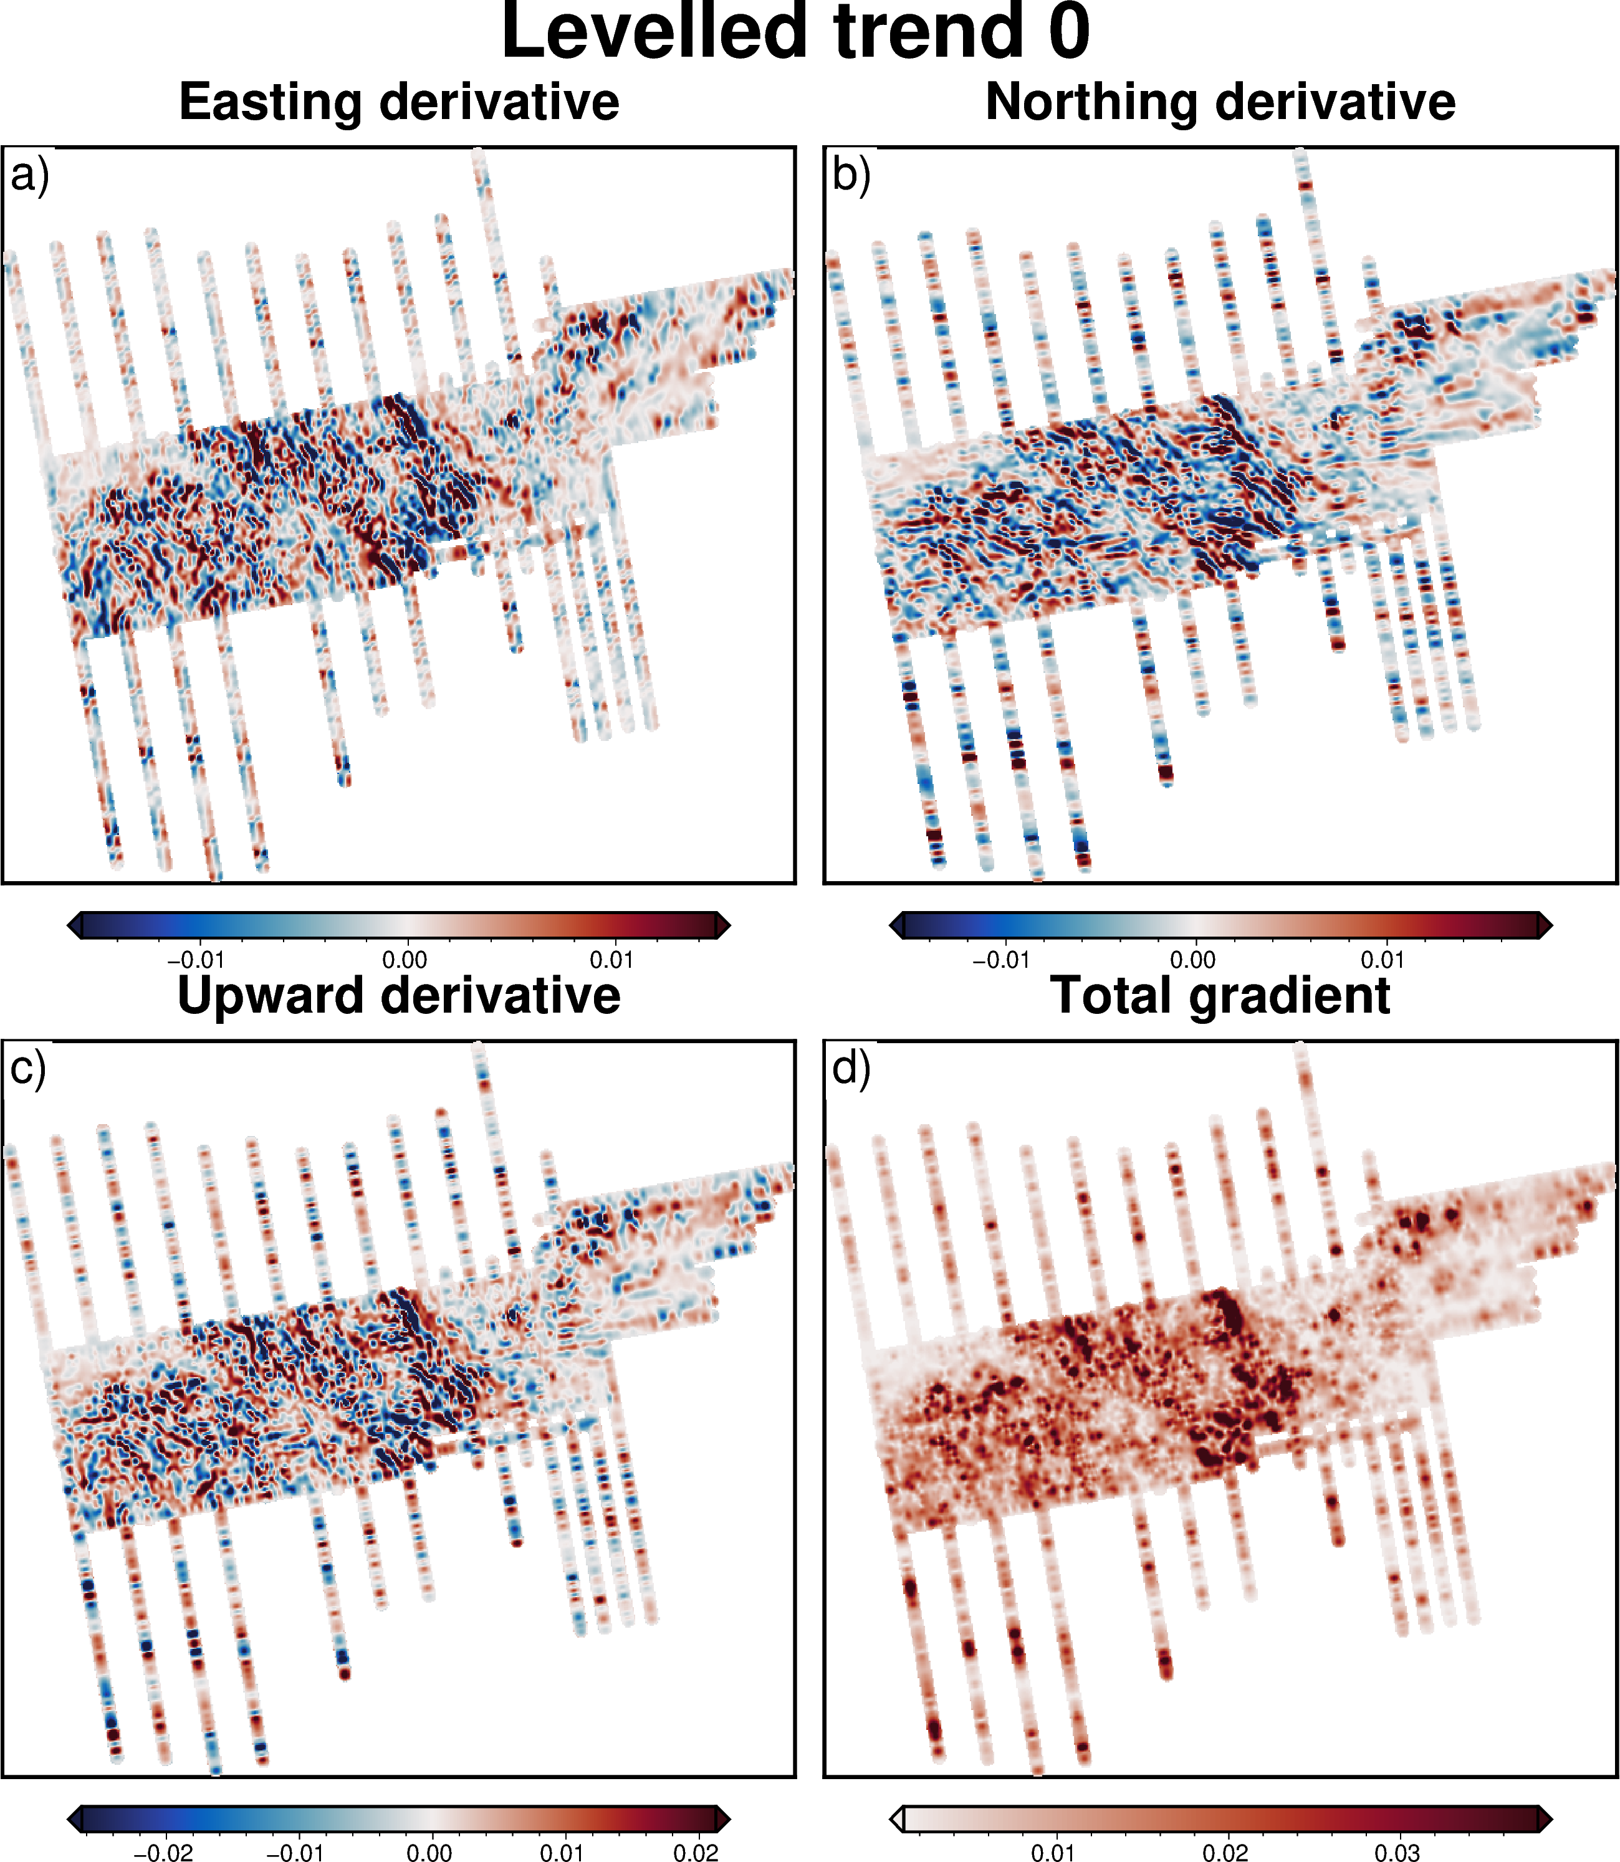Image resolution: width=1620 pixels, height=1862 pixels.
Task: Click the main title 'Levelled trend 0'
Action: point(795,32)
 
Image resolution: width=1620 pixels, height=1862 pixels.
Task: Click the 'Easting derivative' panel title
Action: point(399,101)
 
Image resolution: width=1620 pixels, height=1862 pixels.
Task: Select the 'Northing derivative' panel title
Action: point(1220,101)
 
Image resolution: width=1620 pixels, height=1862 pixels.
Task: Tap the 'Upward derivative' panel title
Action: point(399,996)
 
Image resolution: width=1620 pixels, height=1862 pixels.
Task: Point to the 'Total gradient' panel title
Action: point(1220,996)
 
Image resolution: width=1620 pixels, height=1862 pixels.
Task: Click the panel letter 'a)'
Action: point(29,174)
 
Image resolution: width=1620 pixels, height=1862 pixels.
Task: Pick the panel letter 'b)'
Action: point(851,174)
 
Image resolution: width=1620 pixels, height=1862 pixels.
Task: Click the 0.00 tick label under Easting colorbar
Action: point(404,960)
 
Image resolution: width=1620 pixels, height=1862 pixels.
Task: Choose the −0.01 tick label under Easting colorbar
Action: point(195,960)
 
